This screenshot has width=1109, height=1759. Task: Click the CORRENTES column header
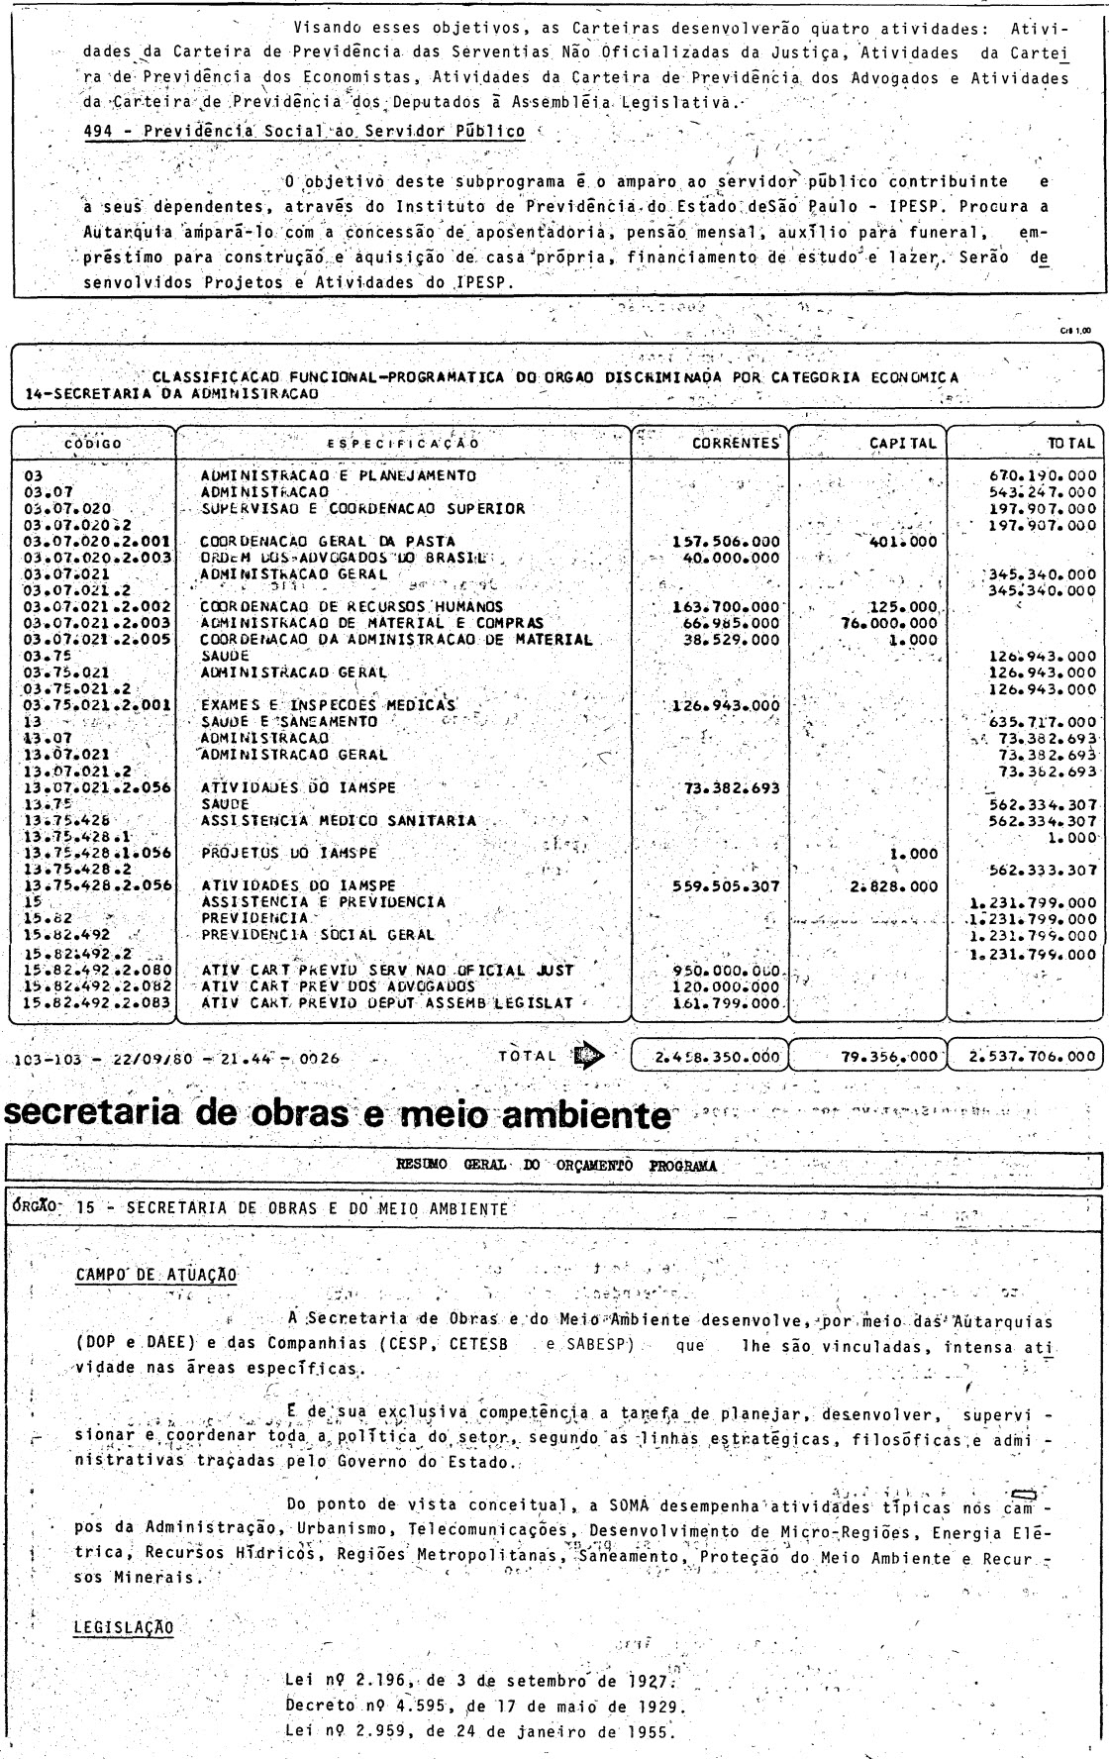click(736, 445)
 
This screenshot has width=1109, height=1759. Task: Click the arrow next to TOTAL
click(585, 1055)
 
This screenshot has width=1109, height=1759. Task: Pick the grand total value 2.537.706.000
click(1027, 1056)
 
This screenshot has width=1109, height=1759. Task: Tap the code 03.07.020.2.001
click(94, 542)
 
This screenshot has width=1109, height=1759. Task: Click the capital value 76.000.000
click(888, 623)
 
